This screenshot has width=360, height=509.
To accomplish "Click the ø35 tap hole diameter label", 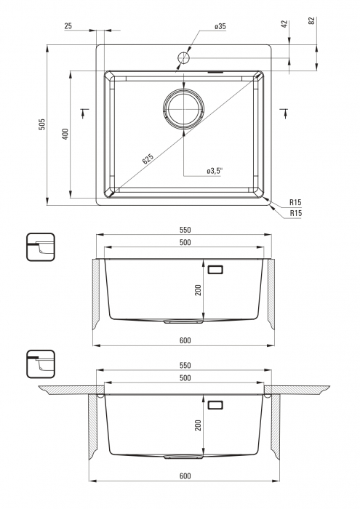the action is [220, 27].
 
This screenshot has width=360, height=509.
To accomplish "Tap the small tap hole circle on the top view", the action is [183, 58].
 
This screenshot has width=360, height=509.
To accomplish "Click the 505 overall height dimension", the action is [42, 124].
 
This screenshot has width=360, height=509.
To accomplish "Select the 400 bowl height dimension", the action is [65, 134].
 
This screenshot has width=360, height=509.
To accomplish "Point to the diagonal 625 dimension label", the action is [148, 159].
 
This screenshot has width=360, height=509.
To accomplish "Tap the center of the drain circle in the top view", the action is [183, 108].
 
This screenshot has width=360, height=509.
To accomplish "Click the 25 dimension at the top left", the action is [68, 26].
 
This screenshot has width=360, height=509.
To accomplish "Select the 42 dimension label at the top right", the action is [284, 24].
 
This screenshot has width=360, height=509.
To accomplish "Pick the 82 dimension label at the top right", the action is [311, 20].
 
